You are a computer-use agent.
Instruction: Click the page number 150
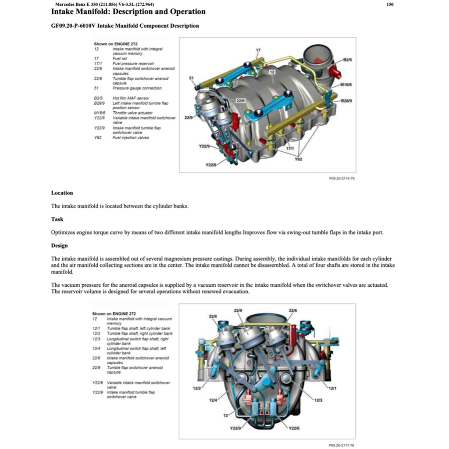pyautogui.click(x=390, y=4)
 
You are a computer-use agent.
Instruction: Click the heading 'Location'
pyautogui.click(x=62, y=193)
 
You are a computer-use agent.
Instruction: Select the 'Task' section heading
pyautogui.click(x=57, y=219)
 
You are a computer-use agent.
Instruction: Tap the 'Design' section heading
pyautogui.click(x=60, y=246)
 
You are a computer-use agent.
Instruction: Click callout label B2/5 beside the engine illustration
pyautogui.click(x=348, y=59)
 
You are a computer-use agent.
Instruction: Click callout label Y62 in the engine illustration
pyautogui.click(x=299, y=159)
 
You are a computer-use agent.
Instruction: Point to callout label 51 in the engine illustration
pyautogui.click(x=191, y=78)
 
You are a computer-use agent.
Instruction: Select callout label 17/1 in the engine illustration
pyautogui.click(x=290, y=149)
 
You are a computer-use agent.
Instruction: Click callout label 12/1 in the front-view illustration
pyautogui.click(x=332, y=388)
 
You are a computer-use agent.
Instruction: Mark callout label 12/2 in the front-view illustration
pyautogui.click(x=197, y=388)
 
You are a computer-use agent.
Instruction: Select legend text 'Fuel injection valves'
pyautogui.click(x=131, y=138)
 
